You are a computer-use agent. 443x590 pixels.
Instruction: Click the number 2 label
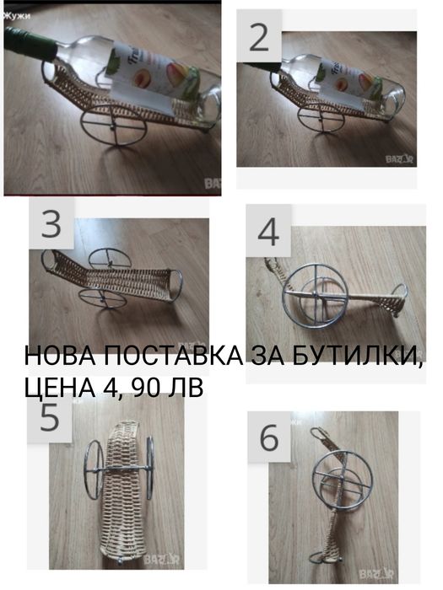[260, 39]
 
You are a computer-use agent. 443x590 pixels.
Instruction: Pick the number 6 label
[269, 439]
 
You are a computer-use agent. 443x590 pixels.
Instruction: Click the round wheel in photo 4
[316, 295]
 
